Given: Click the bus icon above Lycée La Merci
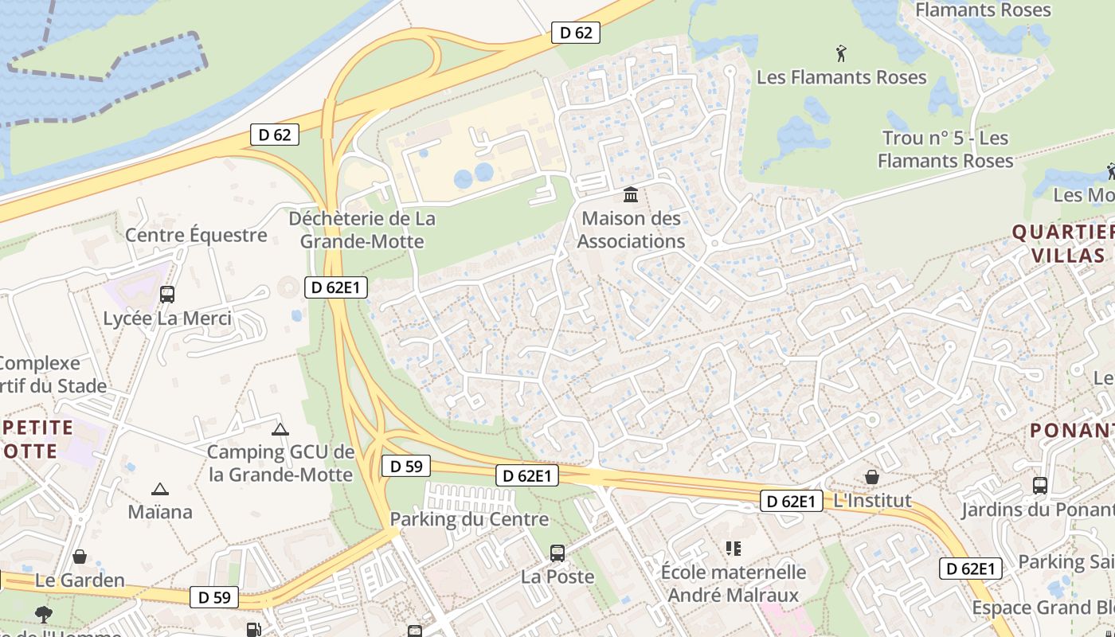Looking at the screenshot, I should point(167,294).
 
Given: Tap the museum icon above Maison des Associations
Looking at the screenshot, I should point(632,194).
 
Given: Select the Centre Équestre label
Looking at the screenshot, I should point(196,235).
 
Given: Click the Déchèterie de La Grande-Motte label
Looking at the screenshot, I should point(362,229).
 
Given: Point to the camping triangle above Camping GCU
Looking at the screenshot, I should point(280,430).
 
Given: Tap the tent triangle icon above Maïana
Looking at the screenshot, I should point(160,489).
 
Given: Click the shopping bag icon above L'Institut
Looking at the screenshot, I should point(872,477).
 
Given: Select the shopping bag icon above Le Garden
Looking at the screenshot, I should point(80,557).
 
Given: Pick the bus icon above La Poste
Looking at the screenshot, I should point(557,553).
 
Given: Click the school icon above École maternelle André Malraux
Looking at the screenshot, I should point(734,549).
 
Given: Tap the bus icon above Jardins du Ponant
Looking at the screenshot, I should point(1039,485).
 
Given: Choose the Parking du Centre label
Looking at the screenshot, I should point(469,519).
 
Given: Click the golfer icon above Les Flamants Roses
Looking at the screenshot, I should point(841,54).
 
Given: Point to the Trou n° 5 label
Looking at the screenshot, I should point(945,149).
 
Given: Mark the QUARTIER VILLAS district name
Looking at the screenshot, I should point(1062,244).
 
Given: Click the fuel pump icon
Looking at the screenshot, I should point(253,630).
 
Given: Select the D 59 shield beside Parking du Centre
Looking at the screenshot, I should point(406,466).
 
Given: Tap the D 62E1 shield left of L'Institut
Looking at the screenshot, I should point(791,501).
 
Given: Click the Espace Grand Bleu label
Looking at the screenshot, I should point(1043,608).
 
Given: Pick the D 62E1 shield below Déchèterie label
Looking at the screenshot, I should point(336,287).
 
